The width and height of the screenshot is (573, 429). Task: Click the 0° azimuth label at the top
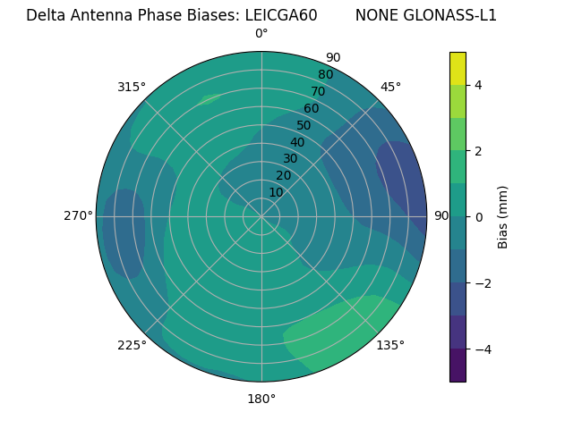[261, 34]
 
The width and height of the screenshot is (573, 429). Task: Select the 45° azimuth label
[390, 87]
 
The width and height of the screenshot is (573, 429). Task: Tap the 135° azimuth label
[390, 345]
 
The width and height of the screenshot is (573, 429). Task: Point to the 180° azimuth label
[261, 399]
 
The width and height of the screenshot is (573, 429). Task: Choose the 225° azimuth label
[132, 345]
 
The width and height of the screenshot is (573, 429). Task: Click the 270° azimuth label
[78, 216]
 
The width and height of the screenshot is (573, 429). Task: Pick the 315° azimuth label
[132, 87]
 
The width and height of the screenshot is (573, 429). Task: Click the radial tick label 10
[276, 192]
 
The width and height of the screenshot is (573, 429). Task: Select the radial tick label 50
[304, 125]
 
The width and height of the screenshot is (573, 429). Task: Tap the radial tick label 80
[325, 74]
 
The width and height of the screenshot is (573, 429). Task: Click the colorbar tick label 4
[478, 85]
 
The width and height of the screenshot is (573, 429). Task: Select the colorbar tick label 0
[478, 216]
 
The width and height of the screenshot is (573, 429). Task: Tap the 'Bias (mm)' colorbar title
[503, 216]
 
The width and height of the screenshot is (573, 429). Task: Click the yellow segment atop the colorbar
[458, 68]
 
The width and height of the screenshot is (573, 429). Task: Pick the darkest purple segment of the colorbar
[458, 365]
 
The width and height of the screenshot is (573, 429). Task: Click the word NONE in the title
[374, 15]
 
